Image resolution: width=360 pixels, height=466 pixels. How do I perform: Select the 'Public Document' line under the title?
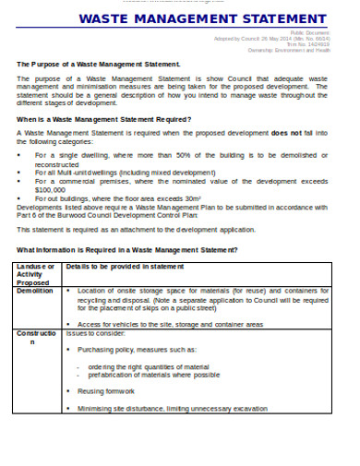click(309, 30)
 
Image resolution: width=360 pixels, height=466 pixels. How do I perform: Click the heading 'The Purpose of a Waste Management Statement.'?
click(98, 65)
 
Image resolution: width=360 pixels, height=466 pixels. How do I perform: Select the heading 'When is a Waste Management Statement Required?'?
click(103, 119)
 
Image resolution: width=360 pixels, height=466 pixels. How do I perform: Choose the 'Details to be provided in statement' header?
click(125, 267)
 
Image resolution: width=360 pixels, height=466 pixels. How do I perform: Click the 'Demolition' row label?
click(35, 290)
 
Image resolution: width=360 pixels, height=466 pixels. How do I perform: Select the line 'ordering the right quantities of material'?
click(148, 366)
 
